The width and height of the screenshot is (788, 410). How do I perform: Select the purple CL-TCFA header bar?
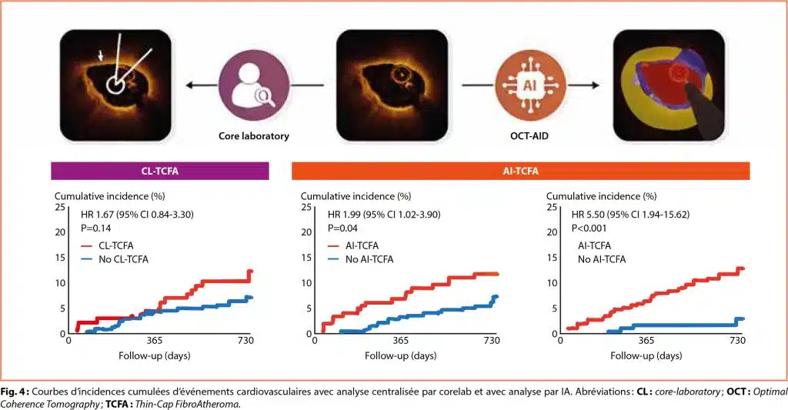160,171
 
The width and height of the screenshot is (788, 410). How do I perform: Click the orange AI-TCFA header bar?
520,171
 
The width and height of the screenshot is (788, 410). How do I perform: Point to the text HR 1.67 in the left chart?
99,215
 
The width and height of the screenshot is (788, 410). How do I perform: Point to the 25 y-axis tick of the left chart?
59,208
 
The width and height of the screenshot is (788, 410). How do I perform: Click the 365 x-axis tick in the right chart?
646,341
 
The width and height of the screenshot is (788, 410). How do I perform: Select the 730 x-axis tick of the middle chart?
492,341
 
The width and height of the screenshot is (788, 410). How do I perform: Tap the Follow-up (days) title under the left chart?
155,356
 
